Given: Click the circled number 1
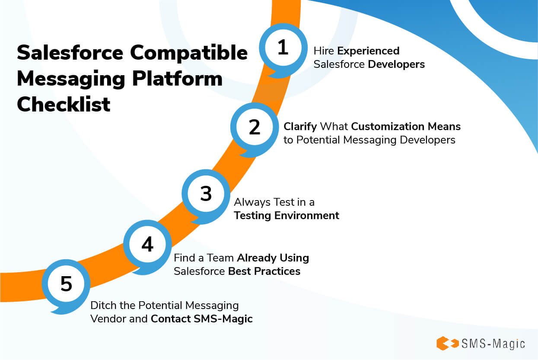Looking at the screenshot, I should coord(283,48).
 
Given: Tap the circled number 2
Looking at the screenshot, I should coord(255,127).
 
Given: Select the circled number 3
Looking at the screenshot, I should coord(206,194).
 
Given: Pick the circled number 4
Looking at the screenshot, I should coord(147,245).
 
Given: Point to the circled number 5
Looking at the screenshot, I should coord(66,284).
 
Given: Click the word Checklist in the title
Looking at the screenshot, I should coord(64,105).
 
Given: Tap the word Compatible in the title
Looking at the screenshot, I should coord(189,53).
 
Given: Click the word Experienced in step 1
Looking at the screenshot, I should coord(368,51).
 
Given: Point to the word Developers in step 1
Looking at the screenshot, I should coord(397,64).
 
